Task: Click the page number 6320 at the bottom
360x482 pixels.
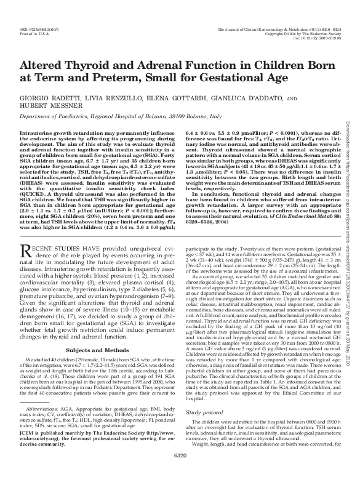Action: pyautogui.click(x=180, y=473)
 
